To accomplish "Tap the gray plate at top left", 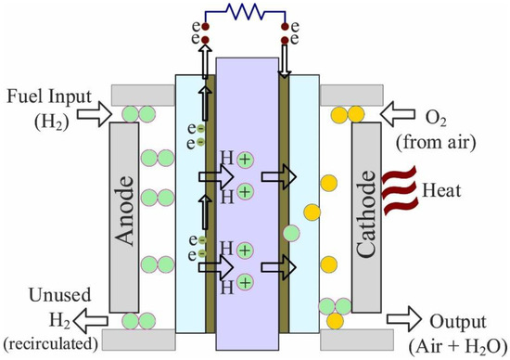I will [x=140, y=94].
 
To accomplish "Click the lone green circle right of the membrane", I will [x=292, y=233].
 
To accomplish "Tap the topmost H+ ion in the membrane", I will [x=244, y=160].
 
